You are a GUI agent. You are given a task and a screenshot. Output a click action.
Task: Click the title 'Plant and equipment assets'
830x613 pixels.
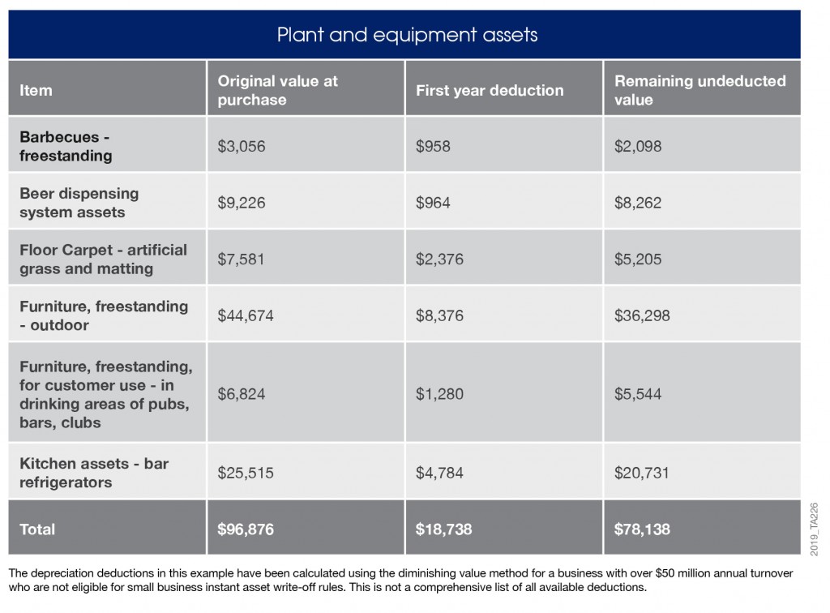tap(407, 35)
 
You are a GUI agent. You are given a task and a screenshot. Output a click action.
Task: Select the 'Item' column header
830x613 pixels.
tap(36, 91)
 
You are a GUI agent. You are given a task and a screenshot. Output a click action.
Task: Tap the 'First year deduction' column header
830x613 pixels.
tap(490, 91)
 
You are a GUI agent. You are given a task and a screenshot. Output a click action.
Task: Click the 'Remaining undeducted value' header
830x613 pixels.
tap(700, 90)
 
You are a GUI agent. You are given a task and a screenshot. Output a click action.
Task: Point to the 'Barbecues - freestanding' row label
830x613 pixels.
tap(66, 146)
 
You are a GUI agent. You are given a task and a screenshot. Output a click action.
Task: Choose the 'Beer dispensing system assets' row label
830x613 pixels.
tap(79, 203)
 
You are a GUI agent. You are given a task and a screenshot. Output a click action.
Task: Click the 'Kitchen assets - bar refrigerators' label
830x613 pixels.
tap(94, 473)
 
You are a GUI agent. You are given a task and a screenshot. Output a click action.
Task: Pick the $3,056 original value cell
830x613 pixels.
tap(242, 146)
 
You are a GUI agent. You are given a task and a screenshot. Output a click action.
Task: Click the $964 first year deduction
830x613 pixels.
tap(433, 203)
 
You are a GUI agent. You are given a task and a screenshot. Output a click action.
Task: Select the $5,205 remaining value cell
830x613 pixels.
tap(638, 259)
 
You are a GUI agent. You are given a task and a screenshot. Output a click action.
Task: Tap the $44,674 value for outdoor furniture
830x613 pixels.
tap(246, 315)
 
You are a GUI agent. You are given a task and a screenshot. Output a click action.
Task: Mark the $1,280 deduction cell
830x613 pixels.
tap(439, 394)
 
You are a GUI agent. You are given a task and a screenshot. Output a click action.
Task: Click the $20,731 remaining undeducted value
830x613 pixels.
tap(642, 473)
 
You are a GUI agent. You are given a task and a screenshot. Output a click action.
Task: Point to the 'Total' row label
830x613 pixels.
tap(37, 529)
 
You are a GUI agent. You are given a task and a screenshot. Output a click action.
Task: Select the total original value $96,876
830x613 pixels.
tap(246, 529)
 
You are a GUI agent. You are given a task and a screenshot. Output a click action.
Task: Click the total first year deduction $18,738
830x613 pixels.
tap(443, 529)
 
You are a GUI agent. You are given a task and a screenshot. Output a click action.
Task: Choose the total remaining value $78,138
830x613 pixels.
tap(642, 529)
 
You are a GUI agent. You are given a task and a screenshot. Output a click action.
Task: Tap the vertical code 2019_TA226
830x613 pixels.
tap(814, 529)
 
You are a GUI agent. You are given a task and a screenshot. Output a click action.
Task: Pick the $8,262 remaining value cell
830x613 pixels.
tap(638, 203)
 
